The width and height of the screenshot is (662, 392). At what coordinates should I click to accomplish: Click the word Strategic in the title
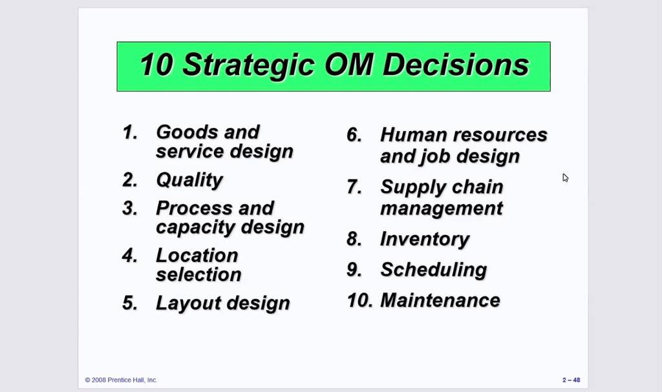pos(249,65)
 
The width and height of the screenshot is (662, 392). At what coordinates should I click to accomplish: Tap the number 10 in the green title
pos(156,65)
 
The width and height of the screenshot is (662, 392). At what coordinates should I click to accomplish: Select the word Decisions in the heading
pos(456,65)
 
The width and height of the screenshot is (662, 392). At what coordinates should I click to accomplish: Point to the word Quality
pos(189,181)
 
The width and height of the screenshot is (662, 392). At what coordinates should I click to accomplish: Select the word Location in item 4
pos(197,255)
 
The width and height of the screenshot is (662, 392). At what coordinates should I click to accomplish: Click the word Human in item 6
pos(413,135)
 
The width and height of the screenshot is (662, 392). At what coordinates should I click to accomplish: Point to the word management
pos(442,209)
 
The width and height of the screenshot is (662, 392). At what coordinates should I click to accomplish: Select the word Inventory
pos(425,240)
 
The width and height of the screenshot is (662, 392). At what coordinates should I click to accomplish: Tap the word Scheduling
pos(434,271)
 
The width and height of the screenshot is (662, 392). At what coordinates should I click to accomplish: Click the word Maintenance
pos(440,300)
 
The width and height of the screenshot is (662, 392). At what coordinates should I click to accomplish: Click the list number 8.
pos(354,239)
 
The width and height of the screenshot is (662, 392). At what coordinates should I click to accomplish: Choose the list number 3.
pos(129,209)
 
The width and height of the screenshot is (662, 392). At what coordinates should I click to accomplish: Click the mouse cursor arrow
pos(565,178)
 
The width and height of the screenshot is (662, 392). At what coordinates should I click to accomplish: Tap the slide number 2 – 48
pos(571,380)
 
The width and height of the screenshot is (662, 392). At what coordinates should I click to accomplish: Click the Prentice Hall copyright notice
pos(121,380)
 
